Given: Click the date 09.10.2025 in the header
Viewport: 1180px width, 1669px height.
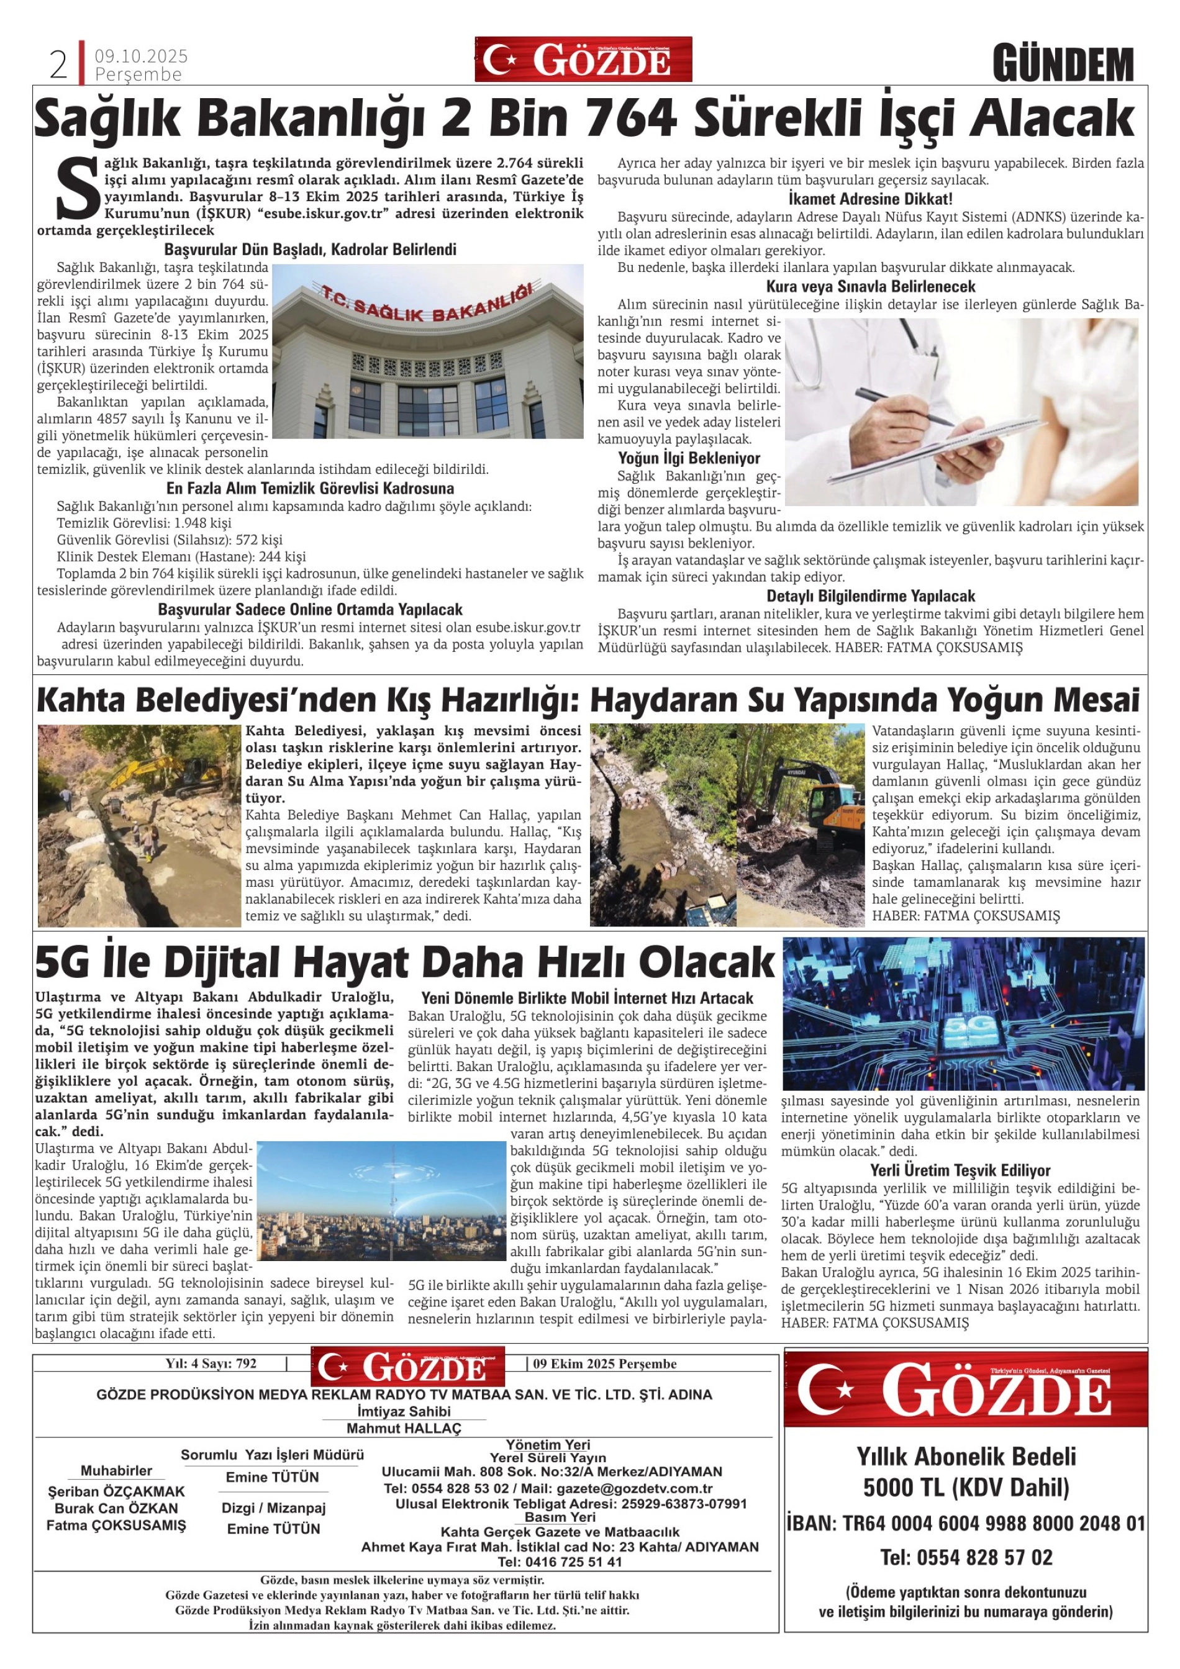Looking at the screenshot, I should point(141,56).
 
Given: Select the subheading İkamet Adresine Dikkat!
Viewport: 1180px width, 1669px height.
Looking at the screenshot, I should point(870,199).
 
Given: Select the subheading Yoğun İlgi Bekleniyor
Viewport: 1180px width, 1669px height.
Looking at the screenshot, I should point(689,458).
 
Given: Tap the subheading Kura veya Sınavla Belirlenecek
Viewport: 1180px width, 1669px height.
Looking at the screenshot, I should point(870,286).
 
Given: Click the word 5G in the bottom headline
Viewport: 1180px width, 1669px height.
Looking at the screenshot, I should point(62,962).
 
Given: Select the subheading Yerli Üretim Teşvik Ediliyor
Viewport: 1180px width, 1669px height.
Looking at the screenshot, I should point(960,1170).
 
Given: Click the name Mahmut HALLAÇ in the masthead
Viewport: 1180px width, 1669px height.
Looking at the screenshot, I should point(404,1428).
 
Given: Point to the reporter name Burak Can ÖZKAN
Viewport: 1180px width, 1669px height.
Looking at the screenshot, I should point(116,1508).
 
